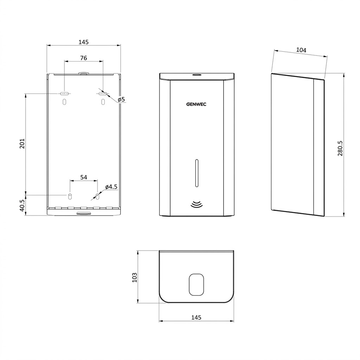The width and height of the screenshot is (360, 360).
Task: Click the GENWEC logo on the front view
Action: click(196, 104)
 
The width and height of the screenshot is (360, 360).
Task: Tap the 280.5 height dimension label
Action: click(340, 149)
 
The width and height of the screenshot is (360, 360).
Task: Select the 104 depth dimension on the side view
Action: click(301, 50)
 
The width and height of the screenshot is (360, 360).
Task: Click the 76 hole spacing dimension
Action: click(84, 58)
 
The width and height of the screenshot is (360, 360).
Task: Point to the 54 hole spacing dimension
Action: click(84, 177)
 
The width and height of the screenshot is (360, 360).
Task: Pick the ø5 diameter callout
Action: click(121, 99)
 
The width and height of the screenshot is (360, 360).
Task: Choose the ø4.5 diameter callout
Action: click(111, 187)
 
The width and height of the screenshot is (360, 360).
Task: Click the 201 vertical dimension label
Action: click(22, 144)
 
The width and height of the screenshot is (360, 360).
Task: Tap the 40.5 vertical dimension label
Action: click(22, 205)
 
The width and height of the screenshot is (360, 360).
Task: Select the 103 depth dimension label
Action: click(134, 277)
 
